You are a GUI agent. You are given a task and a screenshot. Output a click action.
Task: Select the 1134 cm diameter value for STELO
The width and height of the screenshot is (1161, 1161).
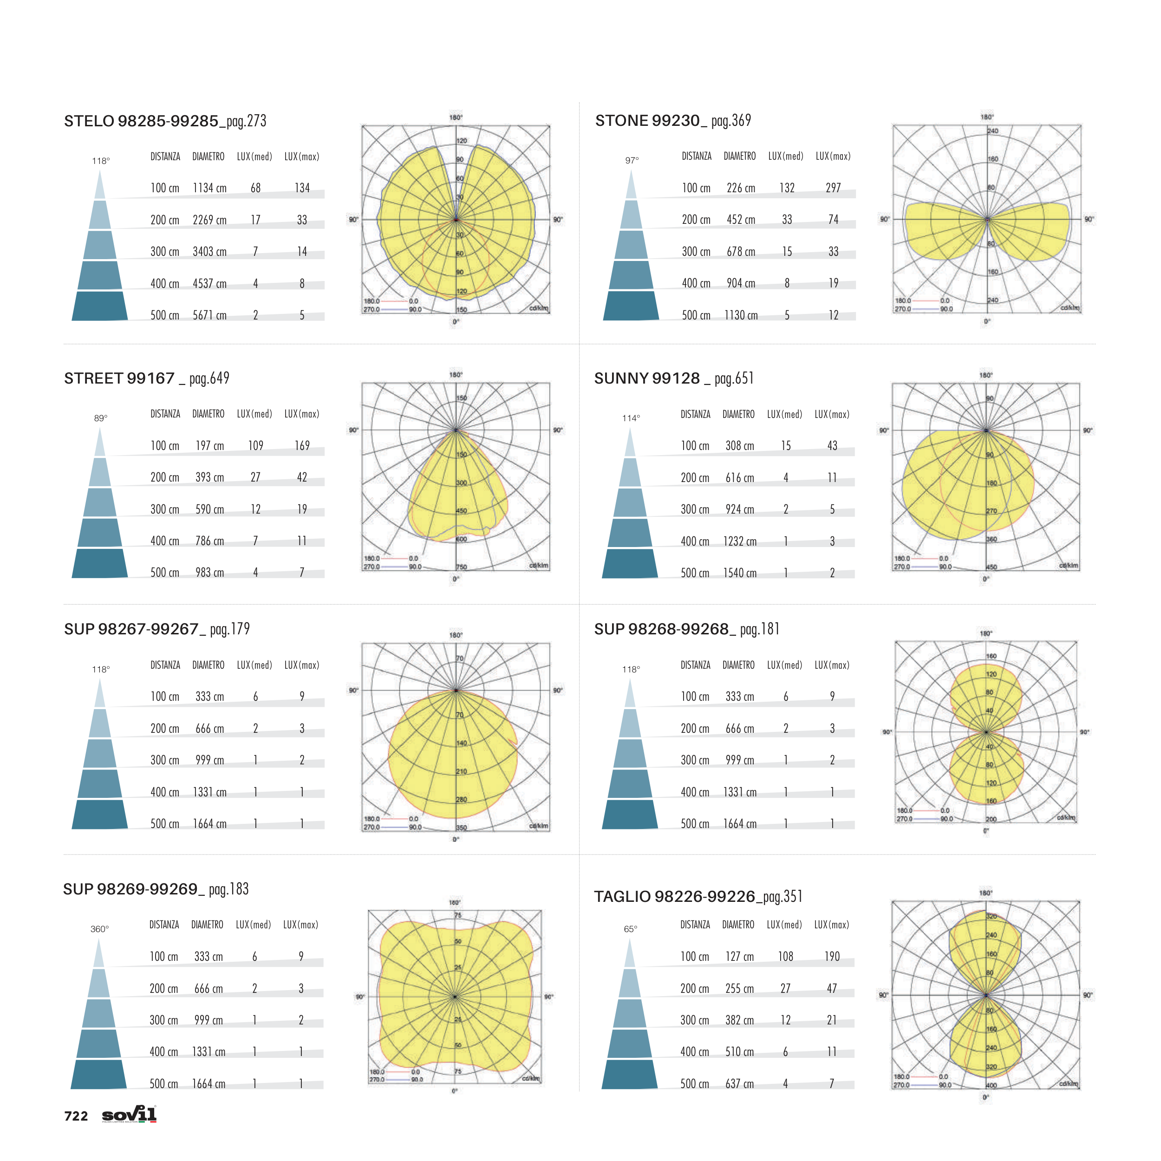tap(210, 188)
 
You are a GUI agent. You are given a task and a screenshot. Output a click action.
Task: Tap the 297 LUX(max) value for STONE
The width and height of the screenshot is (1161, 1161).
tap(833, 188)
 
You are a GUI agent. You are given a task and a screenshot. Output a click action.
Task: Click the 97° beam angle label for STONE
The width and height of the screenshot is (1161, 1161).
tap(632, 160)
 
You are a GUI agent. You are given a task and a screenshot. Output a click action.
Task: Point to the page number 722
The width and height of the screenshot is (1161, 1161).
tap(76, 1116)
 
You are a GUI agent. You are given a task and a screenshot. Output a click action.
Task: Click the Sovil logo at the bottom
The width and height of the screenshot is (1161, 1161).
tap(129, 1114)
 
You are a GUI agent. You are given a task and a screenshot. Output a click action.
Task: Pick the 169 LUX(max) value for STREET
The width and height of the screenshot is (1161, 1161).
tap(302, 446)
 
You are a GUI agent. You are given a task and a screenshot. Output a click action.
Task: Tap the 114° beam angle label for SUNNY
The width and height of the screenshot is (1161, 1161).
tap(631, 418)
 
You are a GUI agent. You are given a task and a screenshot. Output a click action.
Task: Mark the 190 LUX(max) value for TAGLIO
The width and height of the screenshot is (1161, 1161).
tap(832, 956)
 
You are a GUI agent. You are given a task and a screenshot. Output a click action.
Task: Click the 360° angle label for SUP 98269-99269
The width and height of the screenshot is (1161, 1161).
tap(100, 929)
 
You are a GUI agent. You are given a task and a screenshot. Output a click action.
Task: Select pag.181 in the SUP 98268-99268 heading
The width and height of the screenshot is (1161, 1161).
tap(760, 629)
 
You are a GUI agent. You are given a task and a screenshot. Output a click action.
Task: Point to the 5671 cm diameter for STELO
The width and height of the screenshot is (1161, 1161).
tap(210, 315)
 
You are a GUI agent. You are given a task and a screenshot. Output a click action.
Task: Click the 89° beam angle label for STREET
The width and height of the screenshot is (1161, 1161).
tap(101, 418)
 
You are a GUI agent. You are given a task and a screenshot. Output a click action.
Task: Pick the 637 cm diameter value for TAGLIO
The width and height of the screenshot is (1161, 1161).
tap(739, 1083)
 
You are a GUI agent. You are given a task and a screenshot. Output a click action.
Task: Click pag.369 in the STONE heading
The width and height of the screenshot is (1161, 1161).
tap(731, 121)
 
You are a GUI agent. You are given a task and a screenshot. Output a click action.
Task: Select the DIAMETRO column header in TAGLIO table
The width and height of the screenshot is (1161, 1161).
tap(738, 925)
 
